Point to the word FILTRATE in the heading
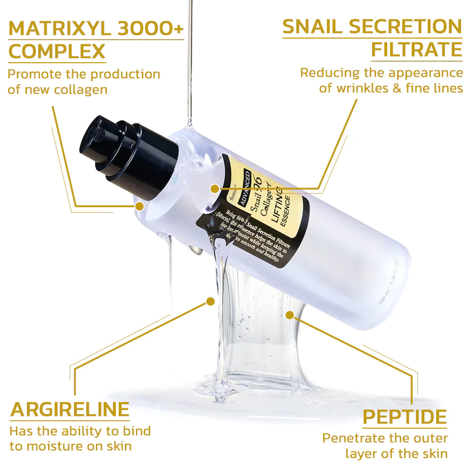[x=417, y=49]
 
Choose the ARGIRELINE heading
[x=70, y=409]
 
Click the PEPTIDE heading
[x=405, y=417]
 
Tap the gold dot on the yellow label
[x=215, y=189]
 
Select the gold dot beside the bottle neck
[x=139, y=206]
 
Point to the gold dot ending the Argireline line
[x=210, y=300]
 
